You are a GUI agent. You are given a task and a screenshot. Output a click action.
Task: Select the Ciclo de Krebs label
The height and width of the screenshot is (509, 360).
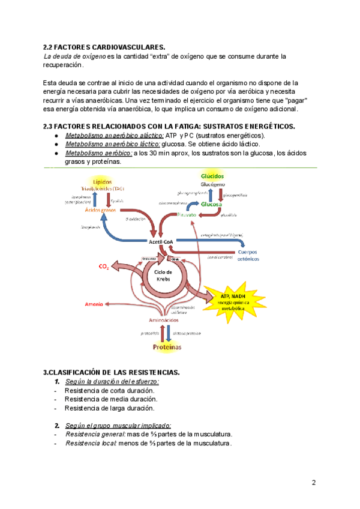[164, 276]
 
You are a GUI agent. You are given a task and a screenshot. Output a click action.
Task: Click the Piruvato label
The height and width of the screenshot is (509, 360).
[188, 214]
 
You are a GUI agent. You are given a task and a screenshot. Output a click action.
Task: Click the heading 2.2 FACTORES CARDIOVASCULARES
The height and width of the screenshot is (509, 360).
[104, 47]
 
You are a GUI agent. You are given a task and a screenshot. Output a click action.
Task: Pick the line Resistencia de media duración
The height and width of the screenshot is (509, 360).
[111, 399]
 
